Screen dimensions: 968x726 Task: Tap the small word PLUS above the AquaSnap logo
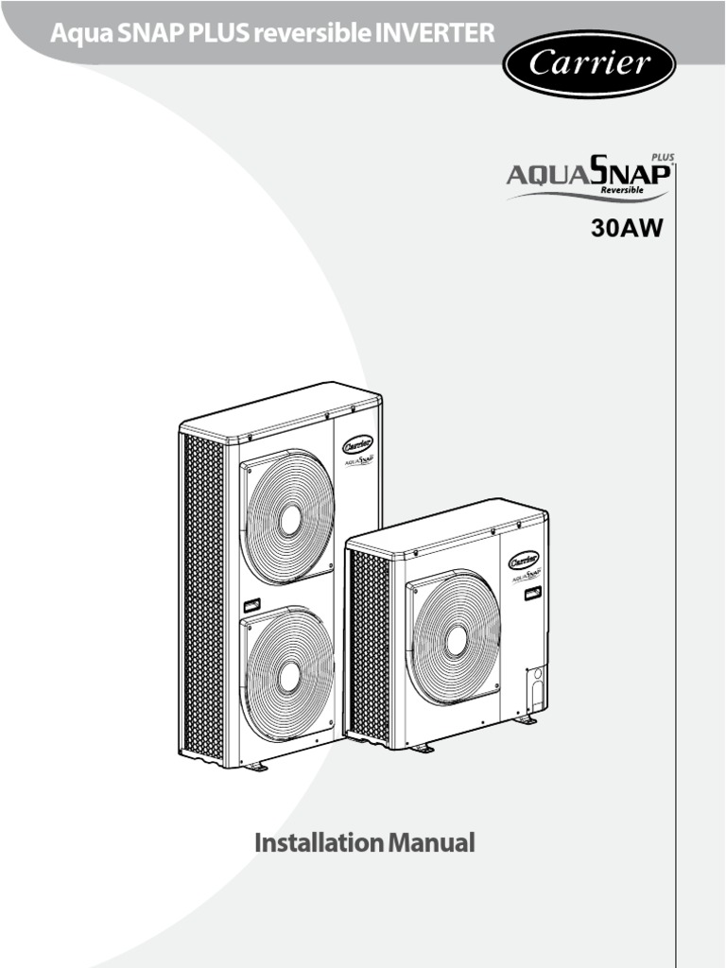(663, 158)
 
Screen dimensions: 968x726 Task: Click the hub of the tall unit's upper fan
(290, 517)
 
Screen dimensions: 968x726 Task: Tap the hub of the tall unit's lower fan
(289, 674)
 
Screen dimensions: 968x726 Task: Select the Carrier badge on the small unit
(525, 560)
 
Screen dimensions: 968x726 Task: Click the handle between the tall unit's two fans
(252, 604)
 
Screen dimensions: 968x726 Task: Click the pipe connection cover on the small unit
(534, 691)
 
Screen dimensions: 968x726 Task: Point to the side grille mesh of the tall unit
(205, 596)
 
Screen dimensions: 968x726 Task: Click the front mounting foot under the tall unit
(256, 766)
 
